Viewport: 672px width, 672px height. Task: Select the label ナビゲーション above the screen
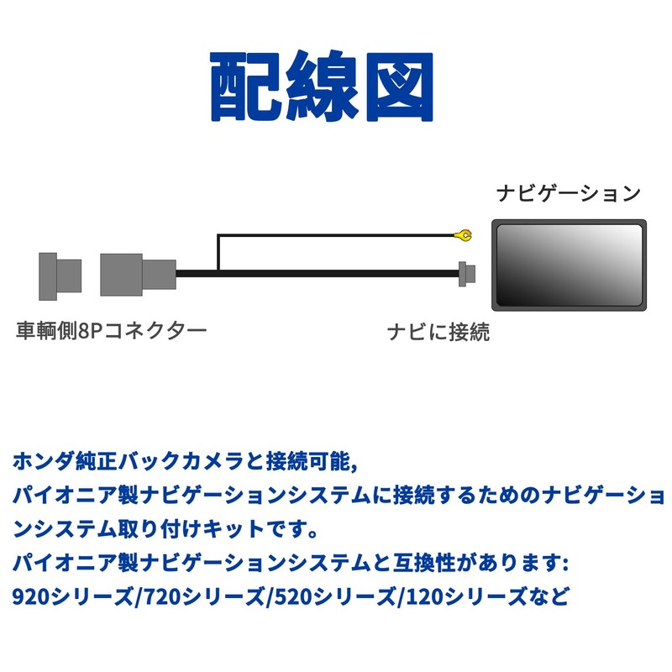[x=569, y=194]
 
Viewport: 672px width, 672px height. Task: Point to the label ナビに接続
[x=438, y=333]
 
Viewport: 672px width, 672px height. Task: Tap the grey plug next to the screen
[x=467, y=273]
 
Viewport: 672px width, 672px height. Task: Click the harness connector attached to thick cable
[x=137, y=273]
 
